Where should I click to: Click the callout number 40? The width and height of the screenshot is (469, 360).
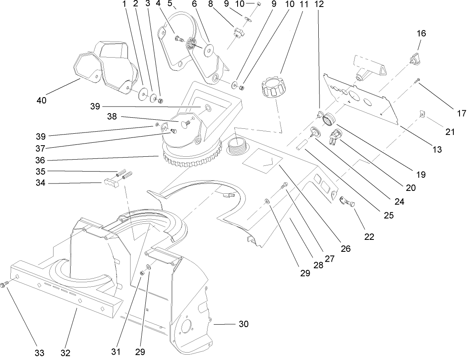(x=42, y=100)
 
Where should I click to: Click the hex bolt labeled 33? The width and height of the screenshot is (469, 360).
(x=5, y=284)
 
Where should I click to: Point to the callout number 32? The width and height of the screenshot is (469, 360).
(x=65, y=353)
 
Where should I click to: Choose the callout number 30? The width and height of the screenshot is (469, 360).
(x=243, y=325)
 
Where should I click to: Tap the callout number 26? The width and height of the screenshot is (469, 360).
(x=345, y=249)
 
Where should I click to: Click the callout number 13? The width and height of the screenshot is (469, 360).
(x=437, y=150)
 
